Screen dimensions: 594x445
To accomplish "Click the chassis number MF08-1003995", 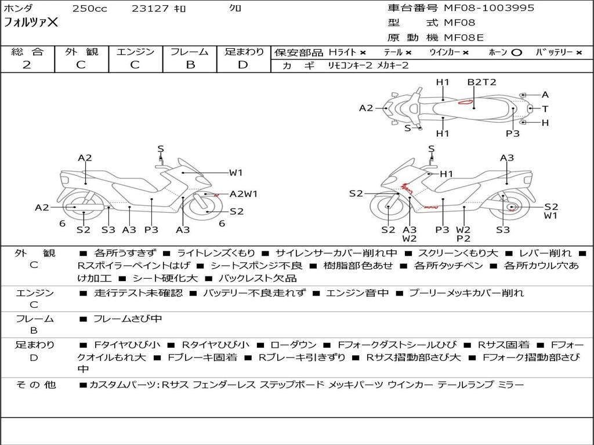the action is click(489, 8).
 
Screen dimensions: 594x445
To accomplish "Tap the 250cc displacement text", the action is click(89, 9).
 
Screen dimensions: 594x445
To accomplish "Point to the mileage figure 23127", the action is click(150, 9).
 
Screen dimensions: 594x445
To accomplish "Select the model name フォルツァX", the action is click(31, 23).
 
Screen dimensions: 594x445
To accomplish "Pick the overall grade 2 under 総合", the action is click(27, 64).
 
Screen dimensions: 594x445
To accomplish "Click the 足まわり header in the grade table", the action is click(244, 52).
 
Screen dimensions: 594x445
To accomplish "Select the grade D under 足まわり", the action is click(244, 64).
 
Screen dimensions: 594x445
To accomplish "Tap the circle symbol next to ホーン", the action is click(516, 52).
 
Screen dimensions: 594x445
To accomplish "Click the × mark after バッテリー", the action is click(578, 52).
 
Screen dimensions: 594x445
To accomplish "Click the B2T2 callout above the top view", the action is click(482, 82).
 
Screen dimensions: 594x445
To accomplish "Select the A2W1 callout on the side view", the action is click(244, 194).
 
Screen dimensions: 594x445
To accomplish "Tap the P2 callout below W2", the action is click(463, 238).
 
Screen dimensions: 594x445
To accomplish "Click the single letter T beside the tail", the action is click(545, 108).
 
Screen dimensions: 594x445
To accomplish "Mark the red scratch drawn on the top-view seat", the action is click(465, 103).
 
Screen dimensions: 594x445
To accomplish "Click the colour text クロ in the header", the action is click(235, 8).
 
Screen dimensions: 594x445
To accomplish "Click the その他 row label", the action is click(35, 384).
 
